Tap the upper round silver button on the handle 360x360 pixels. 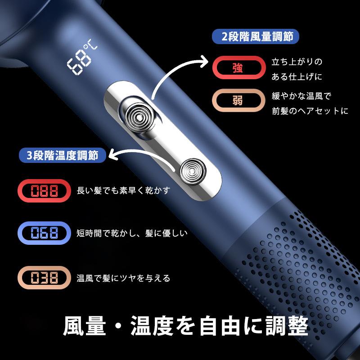[139, 117]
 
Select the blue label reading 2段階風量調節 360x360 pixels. [255, 36]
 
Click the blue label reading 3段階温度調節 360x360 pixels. [63, 155]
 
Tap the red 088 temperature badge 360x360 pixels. [44, 190]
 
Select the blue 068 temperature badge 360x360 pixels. [44, 233]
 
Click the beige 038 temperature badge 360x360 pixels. [44, 277]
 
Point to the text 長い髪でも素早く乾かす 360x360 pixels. [124, 190]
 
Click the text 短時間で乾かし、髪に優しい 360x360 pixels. [132, 233]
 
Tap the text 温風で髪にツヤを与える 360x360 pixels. [123, 278]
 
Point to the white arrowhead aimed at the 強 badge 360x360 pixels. [204, 61]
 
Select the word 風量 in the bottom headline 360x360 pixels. [85, 325]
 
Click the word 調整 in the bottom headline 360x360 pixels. [287, 325]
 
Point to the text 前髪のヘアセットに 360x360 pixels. [310, 111]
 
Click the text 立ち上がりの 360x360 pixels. [297, 62]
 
